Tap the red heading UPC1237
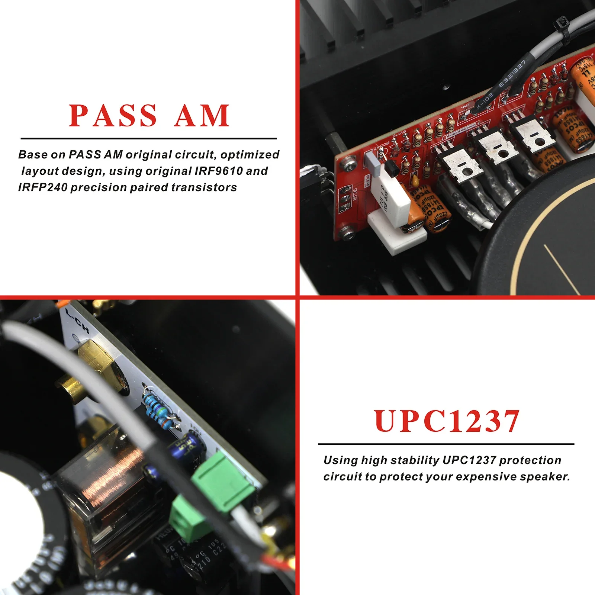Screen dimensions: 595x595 [x=446, y=421]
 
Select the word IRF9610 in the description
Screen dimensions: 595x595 [x=218, y=171]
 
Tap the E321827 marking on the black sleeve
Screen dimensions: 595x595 [x=512, y=74]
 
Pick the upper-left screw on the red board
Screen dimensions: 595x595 [x=349, y=160]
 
